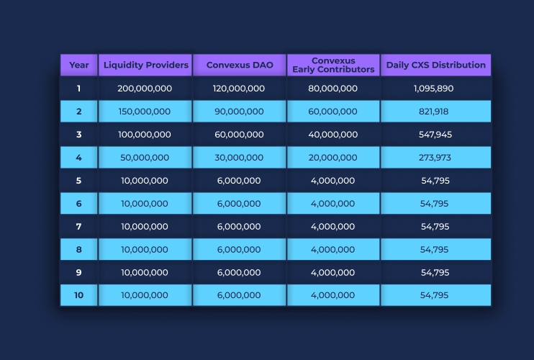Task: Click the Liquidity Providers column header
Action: coord(145,65)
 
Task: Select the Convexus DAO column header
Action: coord(239,65)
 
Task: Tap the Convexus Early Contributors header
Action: coord(333,65)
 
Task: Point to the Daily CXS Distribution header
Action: coord(435,65)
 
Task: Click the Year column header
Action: coord(79,65)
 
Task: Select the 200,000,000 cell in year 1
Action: coord(145,89)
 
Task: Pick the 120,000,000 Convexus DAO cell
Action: coord(239,89)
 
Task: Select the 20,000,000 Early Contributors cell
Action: coord(332,158)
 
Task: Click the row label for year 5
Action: coord(79,181)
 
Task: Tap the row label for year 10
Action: coord(79,295)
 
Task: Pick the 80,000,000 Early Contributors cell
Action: coord(332,89)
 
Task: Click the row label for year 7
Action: coord(79,227)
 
